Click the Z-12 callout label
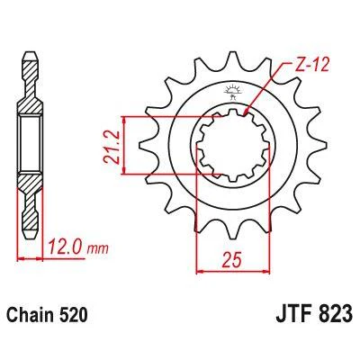click(311, 65)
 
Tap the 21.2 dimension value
click(112, 146)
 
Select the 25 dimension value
click(232, 259)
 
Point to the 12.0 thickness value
click(65, 248)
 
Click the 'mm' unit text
click(97, 249)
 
